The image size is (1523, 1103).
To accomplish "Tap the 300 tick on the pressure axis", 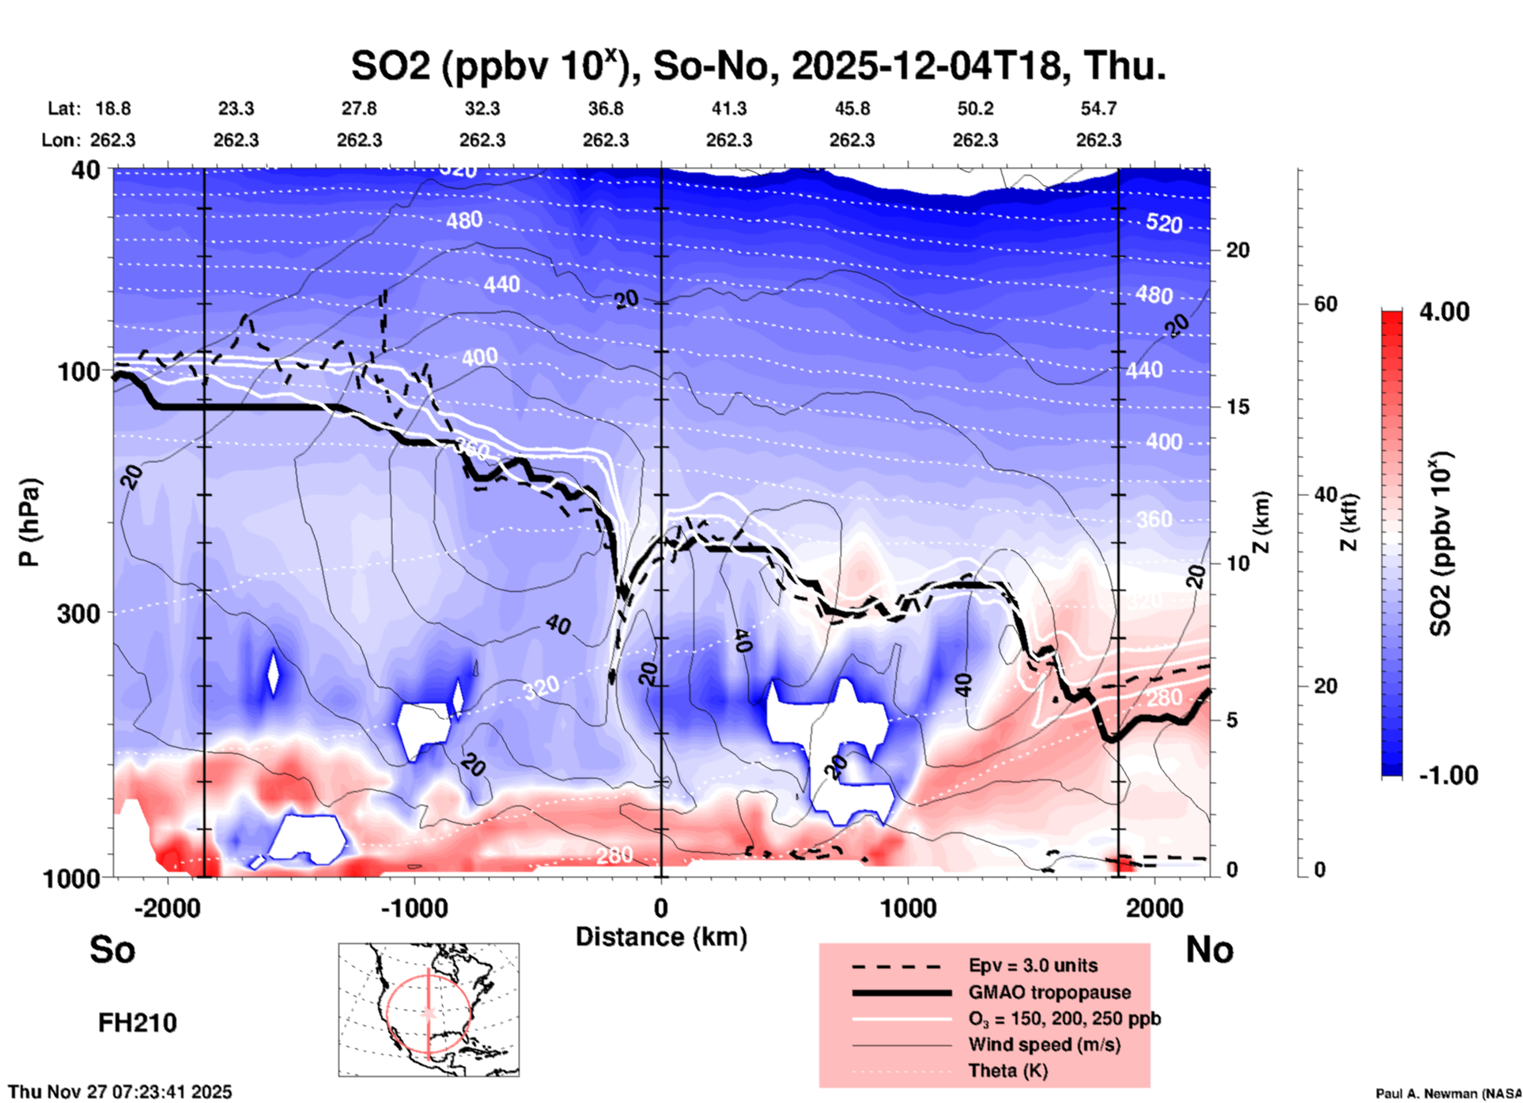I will coord(79,613).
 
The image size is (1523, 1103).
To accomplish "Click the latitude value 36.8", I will coord(606,108).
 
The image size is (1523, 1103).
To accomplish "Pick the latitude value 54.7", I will coord(1098,108).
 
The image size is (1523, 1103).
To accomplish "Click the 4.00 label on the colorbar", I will coord(1444,312).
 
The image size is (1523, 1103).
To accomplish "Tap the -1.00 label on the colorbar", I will coord(1448,775).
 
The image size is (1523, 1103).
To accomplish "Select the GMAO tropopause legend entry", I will coord(1049,992).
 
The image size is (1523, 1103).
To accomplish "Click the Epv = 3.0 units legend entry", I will coord(1033,965).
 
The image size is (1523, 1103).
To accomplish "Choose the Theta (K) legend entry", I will coord(1008,1071).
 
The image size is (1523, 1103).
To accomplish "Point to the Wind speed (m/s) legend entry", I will coord(1044,1044).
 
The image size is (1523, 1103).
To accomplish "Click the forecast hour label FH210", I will coord(138,1023).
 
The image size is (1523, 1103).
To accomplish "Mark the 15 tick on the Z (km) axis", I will coord(1238,407).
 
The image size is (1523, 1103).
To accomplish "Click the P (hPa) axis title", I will coord(29,522).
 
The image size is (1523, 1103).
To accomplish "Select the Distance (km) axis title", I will coord(661,937).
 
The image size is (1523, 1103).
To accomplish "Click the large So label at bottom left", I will coord(112,949).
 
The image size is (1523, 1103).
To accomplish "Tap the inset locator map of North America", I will coord(429,1010).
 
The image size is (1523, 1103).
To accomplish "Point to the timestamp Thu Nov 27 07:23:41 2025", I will coord(120,1092).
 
